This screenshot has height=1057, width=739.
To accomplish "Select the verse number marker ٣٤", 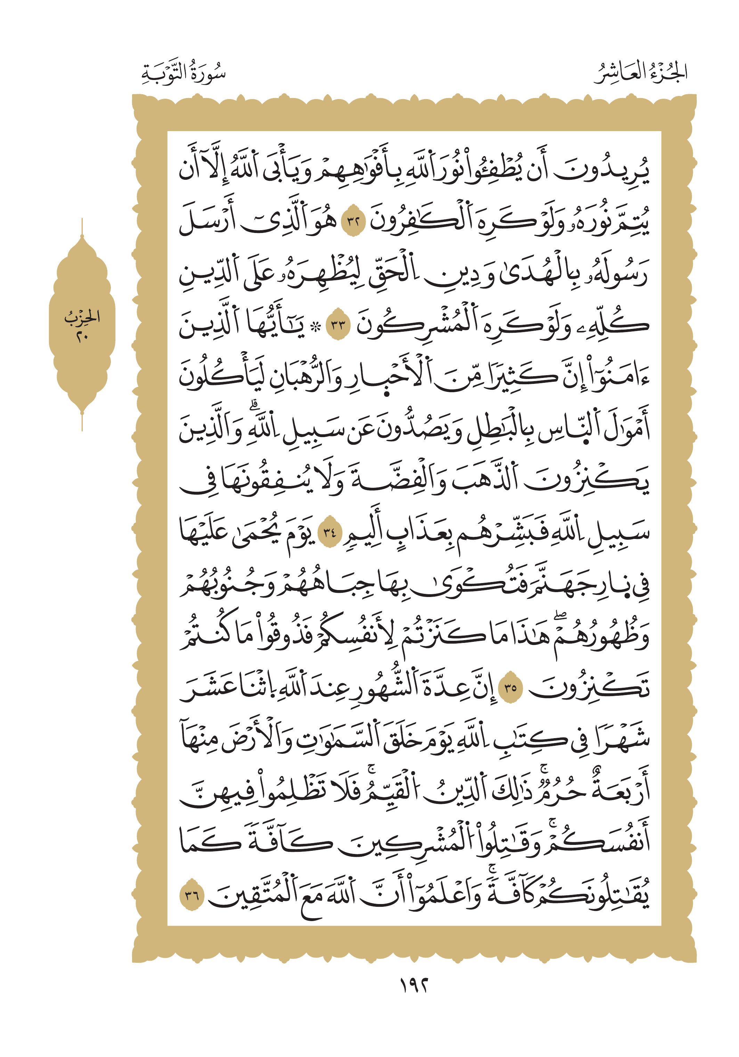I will point(330,533).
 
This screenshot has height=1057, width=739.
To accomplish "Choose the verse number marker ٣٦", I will point(192,895).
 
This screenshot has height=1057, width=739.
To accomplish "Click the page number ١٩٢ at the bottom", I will point(414,986).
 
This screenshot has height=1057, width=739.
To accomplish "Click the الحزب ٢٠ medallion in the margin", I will point(82,325).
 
